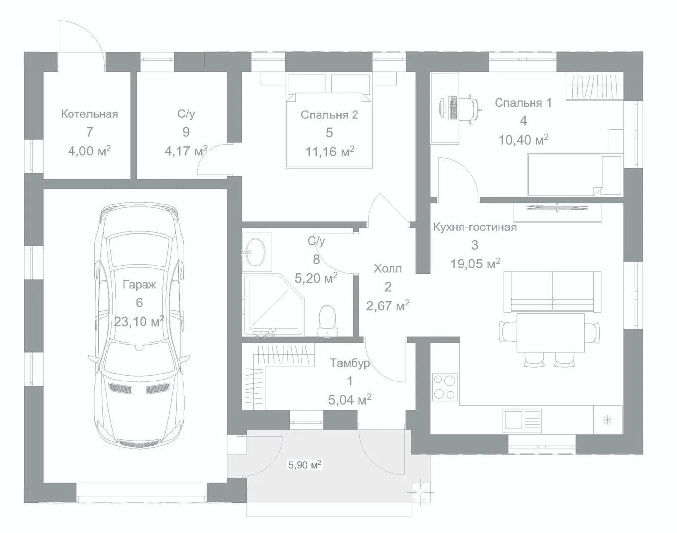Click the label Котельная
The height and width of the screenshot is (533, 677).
89,114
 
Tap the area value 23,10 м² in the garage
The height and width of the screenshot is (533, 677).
139,322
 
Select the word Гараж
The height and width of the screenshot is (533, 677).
140,285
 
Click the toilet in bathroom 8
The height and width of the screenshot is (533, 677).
327,321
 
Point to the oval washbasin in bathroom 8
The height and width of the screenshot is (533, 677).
255,252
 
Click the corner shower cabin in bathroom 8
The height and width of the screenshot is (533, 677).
273,305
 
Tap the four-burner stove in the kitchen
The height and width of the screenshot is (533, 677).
445,387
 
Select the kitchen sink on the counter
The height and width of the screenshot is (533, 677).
522,419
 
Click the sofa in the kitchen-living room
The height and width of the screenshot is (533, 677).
552,292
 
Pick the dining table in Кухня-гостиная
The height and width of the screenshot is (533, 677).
550,333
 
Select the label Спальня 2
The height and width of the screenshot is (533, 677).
329,115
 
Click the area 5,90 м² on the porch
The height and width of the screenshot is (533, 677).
305,465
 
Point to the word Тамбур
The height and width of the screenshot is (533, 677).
350,363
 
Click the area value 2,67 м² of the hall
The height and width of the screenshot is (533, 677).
388,305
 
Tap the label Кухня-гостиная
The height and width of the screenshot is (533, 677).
475,227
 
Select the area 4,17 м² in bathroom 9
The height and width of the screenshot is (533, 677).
186,151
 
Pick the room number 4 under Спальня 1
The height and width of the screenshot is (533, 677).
523,121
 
